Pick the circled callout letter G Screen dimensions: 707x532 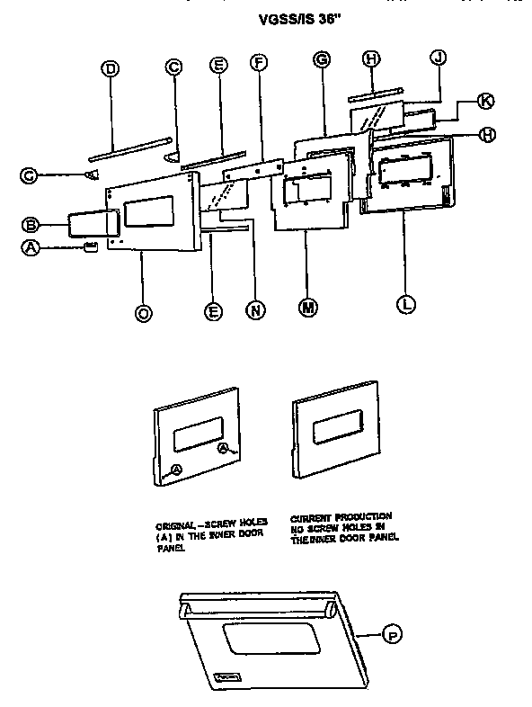pos(321,59)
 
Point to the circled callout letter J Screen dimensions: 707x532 pos(438,58)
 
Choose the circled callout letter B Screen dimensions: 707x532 pos(30,223)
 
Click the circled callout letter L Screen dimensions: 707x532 pos(405,304)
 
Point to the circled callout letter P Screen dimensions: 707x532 pos(391,636)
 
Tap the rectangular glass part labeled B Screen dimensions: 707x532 pos(90,224)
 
